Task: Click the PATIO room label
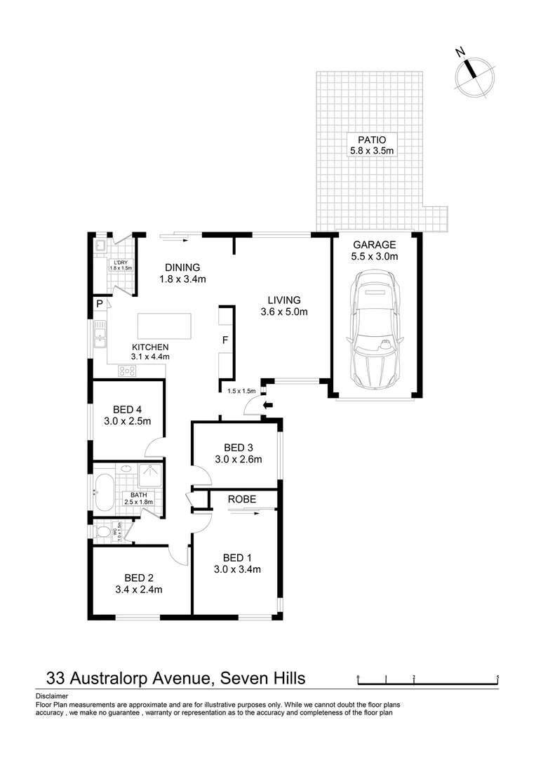pos(373,140)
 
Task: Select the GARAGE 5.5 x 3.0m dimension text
pos(375,257)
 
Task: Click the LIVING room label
pos(284,300)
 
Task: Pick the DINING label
pos(182,267)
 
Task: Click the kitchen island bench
pos(164,326)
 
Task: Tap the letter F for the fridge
pos(225,340)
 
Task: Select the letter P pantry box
pos(100,304)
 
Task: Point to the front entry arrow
pos(267,405)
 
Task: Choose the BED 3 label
pos(238,448)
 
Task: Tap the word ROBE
pos(241,499)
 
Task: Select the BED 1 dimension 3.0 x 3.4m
pos(237,569)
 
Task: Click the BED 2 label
pos(138,578)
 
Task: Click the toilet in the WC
pos(104,531)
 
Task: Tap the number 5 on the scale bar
pos(497,678)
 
